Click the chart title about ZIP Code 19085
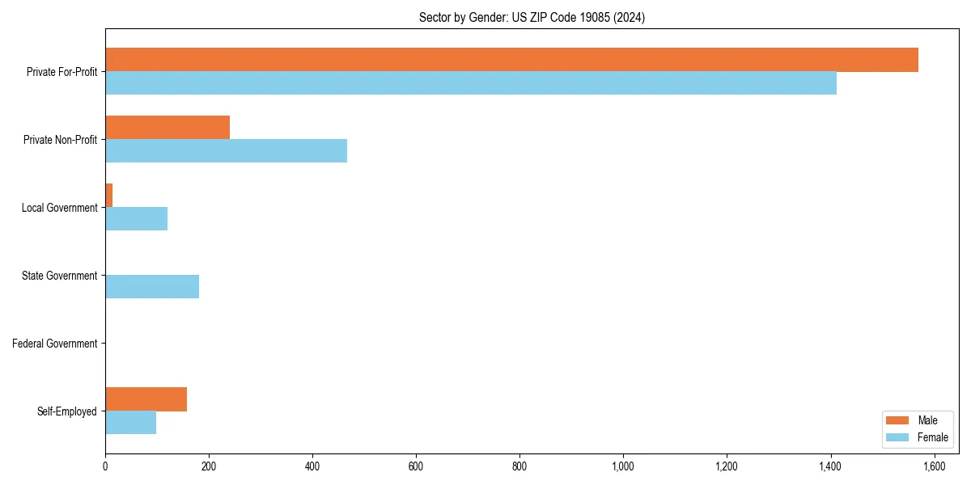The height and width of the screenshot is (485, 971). coord(532,17)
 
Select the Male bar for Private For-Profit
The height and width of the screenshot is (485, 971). coord(511,60)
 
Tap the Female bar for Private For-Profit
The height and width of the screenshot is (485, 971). coord(471,83)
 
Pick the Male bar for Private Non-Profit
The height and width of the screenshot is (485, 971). coord(167,128)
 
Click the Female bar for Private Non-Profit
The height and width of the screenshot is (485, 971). coord(226,151)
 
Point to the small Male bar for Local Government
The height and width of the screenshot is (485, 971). coord(109,196)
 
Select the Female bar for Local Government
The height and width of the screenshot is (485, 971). coord(136,219)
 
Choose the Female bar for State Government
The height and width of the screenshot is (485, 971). coord(152,287)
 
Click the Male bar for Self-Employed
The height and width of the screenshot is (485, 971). coord(146,399)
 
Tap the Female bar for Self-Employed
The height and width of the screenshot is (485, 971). coord(130,423)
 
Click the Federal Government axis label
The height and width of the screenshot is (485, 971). coord(55,344)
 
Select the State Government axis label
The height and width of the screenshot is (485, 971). coord(59,276)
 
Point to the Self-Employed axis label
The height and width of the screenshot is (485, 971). coord(67,411)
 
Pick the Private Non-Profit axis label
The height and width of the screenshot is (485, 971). coord(60,140)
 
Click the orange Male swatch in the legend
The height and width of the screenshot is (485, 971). coord(898,420)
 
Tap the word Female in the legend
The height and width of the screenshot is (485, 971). coord(933,437)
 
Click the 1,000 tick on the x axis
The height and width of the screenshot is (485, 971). coord(623,466)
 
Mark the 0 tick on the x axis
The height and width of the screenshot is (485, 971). coord(105,466)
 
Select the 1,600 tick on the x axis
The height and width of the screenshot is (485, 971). coord(934,466)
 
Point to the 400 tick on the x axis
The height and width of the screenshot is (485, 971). coord(312,466)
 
